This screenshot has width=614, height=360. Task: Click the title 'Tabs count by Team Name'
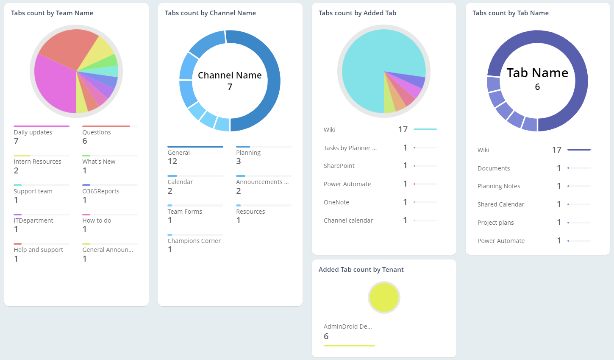52,13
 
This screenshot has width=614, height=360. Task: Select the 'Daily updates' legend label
33,132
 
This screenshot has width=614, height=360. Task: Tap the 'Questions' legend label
97,132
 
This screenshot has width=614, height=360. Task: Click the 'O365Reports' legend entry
101,191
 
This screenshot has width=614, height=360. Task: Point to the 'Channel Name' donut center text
230,75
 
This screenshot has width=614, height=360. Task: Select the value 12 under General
172,161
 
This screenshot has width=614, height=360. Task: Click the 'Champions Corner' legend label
194,241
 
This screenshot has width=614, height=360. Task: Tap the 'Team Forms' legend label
185,212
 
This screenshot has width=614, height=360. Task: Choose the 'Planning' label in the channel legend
248,153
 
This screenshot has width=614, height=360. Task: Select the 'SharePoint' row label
339,166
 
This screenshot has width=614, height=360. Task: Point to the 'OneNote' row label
336,202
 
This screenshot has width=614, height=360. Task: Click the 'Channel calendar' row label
348,220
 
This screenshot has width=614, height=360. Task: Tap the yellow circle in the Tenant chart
384,297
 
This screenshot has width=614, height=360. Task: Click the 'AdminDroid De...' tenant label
348,327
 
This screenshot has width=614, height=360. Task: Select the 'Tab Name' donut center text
537,73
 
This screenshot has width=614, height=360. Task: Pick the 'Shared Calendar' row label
501,204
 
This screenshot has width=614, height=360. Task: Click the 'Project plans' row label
496,223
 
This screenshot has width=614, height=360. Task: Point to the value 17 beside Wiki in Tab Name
557,150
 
